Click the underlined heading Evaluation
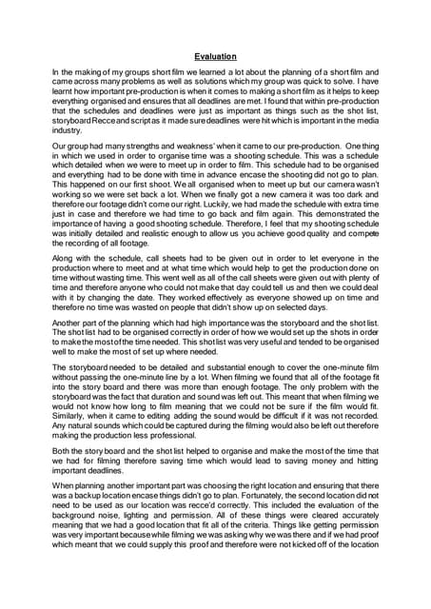click(x=215, y=56)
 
